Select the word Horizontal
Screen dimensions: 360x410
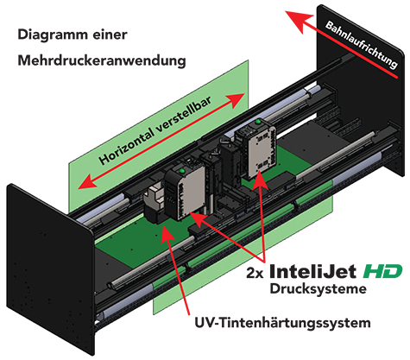pyautogui.click(x=129, y=148)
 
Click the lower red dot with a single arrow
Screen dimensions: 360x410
pyautogui.click(x=186, y=304)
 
